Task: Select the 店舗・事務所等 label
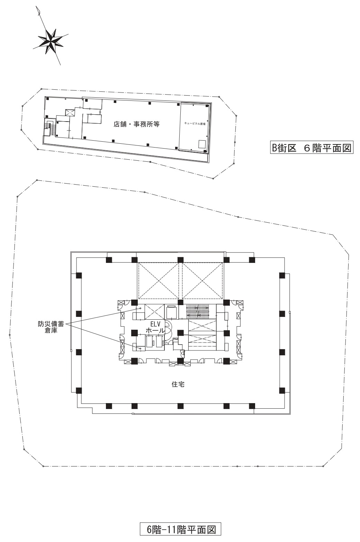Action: pyautogui.click(x=137, y=124)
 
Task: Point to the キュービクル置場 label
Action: pyautogui.click(x=195, y=123)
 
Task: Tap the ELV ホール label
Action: pyautogui.click(x=154, y=328)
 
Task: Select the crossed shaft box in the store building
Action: pyautogui.click(x=70, y=113)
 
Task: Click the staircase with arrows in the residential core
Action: pyautogui.click(x=198, y=311)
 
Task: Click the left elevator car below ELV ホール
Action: pyautogui.click(x=150, y=341)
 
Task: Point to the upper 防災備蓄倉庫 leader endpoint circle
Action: pyautogui.click(x=141, y=308)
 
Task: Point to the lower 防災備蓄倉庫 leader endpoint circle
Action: pyautogui.click(x=140, y=348)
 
